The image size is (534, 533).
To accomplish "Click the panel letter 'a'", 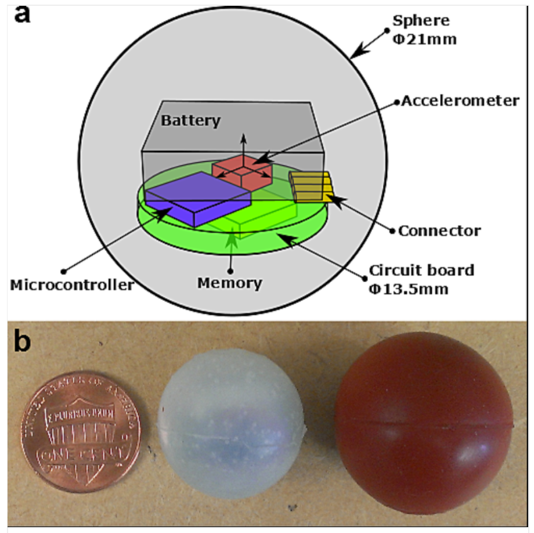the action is tap(22, 15).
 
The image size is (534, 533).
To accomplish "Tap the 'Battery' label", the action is tap(191, 121).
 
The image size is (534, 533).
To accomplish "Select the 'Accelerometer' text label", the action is tap(460, 101).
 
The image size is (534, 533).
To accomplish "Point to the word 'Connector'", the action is tap(439, 231).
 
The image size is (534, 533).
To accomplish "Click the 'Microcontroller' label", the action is tap(72, 285).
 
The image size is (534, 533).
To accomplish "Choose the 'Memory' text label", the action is tap(230, 283).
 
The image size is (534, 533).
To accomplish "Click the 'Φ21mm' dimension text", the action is tap(424, 39).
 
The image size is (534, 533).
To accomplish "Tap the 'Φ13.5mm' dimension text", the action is tap(409, 289).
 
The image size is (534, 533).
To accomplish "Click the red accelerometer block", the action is tap(243, 172).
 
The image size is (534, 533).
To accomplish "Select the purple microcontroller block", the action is tap(198, 199).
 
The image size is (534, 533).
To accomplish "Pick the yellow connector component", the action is tap(311, 187).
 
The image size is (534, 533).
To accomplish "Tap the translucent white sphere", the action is tap(231, 423).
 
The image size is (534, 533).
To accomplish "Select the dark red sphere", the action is tap(424, 423).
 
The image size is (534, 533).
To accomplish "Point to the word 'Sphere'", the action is tap(421, 21).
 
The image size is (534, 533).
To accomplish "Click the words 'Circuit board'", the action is tap(421, 271).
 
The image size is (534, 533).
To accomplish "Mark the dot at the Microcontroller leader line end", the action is tap(63, 272).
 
